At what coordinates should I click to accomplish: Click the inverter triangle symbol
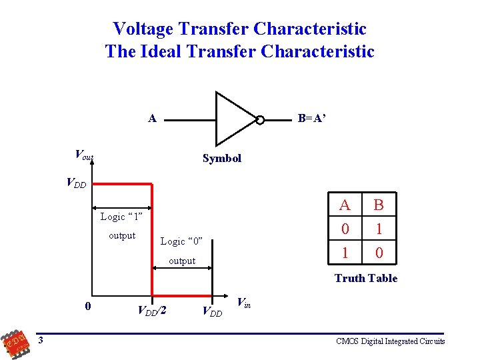click(x=233, y=119)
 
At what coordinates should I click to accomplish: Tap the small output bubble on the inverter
click(x=260, y=120)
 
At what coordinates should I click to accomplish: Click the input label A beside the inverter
click(x=152, y=119)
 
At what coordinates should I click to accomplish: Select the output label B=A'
click(x=312, y=119)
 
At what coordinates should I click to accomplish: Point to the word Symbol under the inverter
click(x=222, y=159)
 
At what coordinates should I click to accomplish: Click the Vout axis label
click(x=84, y=155)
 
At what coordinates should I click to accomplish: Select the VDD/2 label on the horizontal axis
click(x=151, y=310)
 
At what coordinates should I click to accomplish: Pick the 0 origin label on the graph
click(x=89, y=307)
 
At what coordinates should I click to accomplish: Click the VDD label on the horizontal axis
click(x=212, y=311)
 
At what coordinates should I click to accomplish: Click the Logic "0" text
click(x=181, y=241)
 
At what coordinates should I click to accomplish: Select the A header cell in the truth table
click(x=345, y=205)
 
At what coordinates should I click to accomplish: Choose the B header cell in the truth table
click(x=379, y=205)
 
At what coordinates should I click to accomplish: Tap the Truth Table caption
click(x=365, y=279)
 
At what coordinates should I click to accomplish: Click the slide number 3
click(x=41, y=341)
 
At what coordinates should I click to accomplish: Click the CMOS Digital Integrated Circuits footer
click(x=391, y=341)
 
